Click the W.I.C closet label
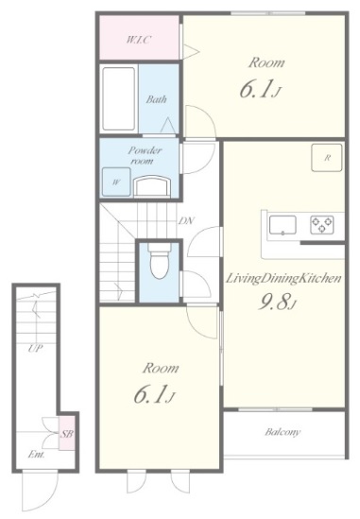139,40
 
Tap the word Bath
156,99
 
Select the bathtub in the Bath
119,98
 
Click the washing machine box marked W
116,182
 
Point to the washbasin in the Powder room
152,186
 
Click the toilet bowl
160,262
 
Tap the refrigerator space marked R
327,158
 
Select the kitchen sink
283,225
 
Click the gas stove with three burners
322,224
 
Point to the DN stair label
186,221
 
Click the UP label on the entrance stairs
35,348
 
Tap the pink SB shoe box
67,433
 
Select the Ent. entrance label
36,455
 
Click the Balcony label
283,432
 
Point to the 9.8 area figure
275,303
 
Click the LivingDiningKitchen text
283,279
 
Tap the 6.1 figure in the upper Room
257,90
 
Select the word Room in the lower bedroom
161,368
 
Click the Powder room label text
145,156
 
